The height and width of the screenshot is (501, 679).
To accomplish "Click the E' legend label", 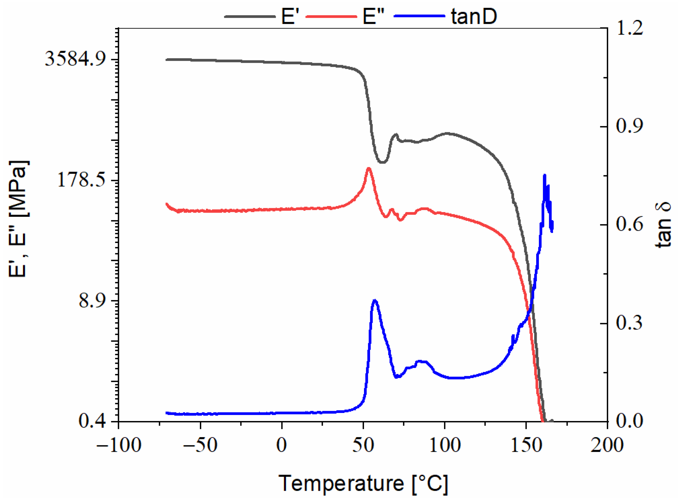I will pyautogui.click(x=290, y=16).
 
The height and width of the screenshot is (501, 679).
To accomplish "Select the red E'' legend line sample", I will pyautogui.click(x=331, y=16).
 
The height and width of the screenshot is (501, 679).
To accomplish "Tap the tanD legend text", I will pyautogui.click(x=474, y=16).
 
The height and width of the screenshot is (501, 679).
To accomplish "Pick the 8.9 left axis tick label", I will pyautogui.click(x=92, y=301).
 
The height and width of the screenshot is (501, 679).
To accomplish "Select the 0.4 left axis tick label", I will pyautogui.click(x=92, y=421).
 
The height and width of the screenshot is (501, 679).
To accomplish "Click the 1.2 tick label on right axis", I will pyautogui.click(x=629, y=28).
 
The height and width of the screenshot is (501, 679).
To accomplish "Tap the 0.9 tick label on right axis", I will pyautogui.click(x=629, y=126).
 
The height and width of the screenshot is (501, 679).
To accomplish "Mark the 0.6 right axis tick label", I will pyautogui.click(x=629, y=225).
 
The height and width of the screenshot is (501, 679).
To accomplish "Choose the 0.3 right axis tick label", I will pyautogui.click(x=629, y=323).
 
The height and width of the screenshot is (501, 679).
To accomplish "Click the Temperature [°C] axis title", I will pyautogui.click(x=363, y=483).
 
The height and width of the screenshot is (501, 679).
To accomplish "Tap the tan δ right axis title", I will pyautogui.click(x=663, y=225).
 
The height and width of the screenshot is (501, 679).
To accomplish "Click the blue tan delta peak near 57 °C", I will pyautogui.click(x=375, y=301).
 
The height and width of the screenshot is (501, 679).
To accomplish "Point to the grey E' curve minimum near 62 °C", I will pyautogui.click(x=383, y=162).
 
